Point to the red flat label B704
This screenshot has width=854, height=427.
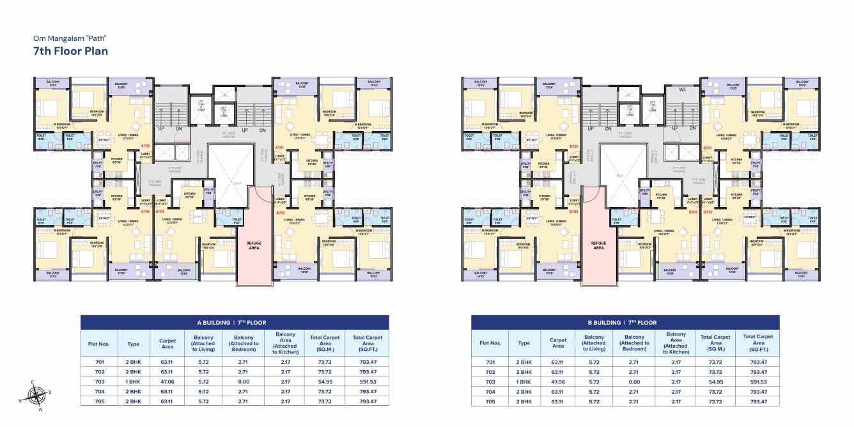tap(573, 211)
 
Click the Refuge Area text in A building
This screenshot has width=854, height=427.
tap(254, 245)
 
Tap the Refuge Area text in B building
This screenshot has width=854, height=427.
tap(598, 245)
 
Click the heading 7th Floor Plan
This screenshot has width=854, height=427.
tap(70, 51)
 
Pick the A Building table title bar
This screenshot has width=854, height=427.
tap(234, 322)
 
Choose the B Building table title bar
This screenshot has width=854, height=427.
tap(625, 322)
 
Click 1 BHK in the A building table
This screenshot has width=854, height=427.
tap(133, 382)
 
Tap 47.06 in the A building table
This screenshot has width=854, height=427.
tap(167, 382)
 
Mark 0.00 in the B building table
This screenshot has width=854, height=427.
tap(634, 382)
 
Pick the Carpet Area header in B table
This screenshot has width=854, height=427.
tap(557, 343)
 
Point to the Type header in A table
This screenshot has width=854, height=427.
tap(133, 343)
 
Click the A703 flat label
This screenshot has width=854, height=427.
tap(160, 211)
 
